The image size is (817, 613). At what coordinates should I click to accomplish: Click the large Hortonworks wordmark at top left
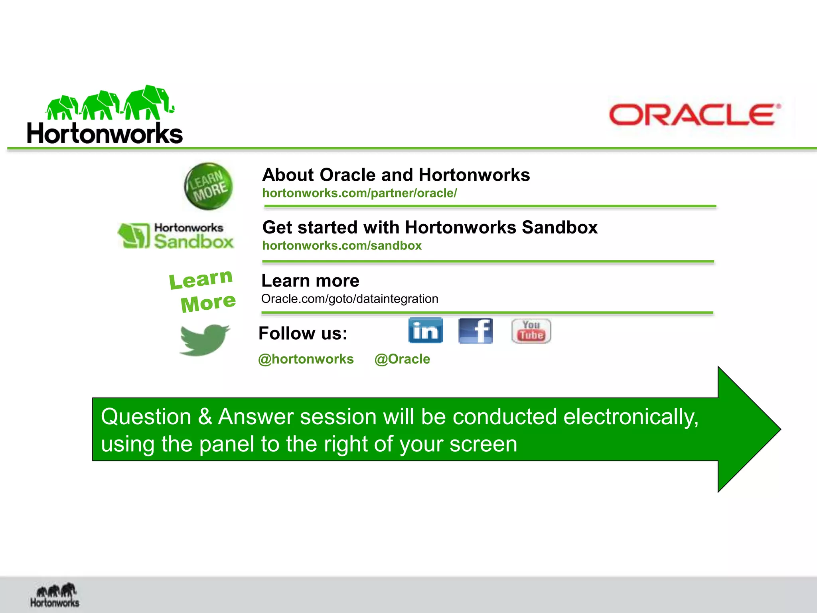coord(105,133)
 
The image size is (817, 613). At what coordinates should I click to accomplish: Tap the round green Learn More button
coord(209,186)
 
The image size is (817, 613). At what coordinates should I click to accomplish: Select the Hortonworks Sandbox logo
coord(176,236)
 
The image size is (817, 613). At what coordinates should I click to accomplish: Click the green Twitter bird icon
coord(204,340)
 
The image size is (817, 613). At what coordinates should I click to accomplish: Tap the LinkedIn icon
coord(425,330)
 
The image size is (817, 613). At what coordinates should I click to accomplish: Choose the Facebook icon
coord(476,330)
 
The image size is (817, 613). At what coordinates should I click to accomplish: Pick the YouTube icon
coord(531,330)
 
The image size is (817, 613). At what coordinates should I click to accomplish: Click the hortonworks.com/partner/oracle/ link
coord(359,193)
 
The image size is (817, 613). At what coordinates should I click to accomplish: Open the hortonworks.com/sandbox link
coord(342,245)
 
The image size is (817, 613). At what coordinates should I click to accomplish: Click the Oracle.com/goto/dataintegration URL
coord(349,299)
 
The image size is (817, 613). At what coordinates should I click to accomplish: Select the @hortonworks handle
coord(306,359)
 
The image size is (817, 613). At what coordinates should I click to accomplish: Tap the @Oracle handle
coord(402,359)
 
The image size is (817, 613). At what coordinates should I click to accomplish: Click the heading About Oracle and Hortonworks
coord(396,175)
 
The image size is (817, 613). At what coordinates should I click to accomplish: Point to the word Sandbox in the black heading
coord(559,227)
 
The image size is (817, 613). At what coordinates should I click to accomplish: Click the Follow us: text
coord(303,333)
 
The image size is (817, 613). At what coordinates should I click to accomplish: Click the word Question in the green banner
coord(146,417)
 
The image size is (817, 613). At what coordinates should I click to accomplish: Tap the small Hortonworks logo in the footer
coord(55,595)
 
